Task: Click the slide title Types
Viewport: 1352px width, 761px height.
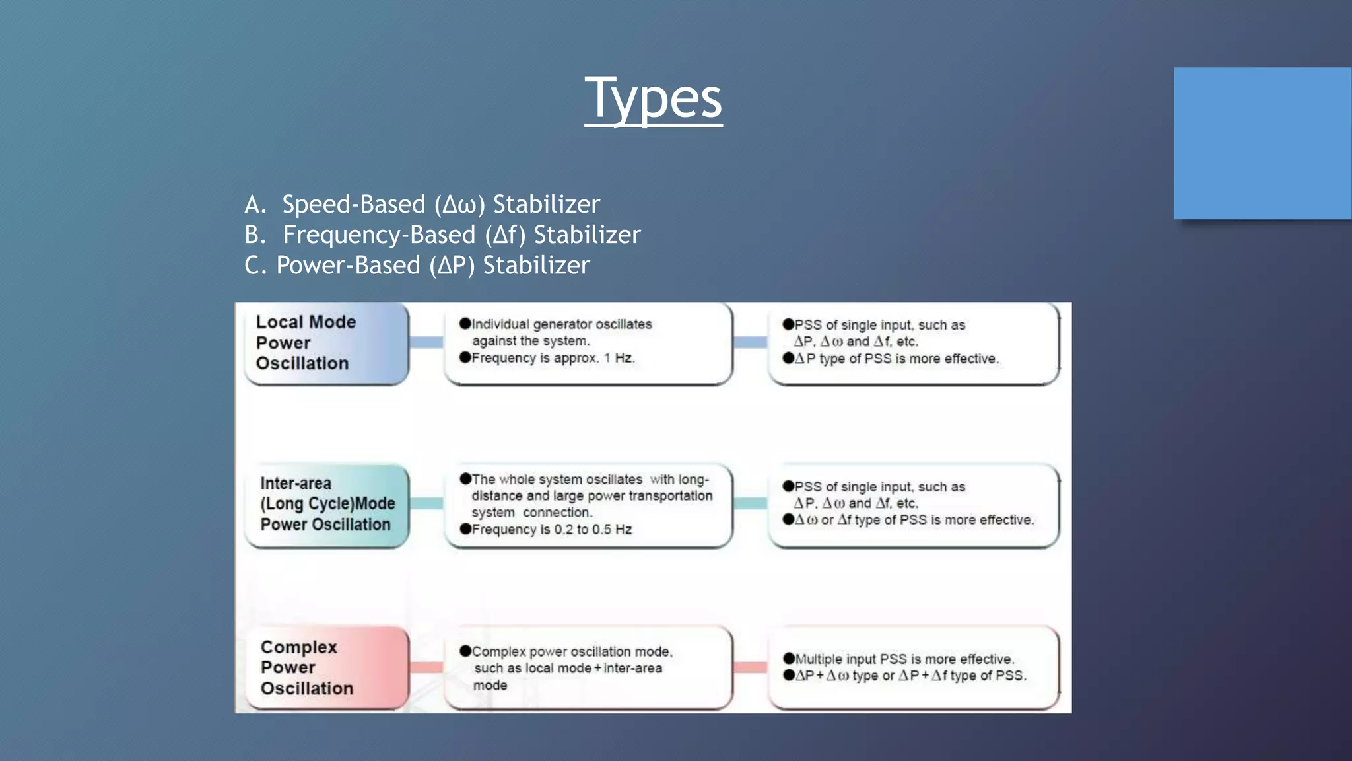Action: (x=653, y=98)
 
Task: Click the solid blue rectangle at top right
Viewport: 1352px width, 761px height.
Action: (x=1262, y=143)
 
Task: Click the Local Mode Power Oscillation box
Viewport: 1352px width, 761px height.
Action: (x=326, y=343)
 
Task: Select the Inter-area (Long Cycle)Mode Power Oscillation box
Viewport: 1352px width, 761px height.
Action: (x=327, y=505)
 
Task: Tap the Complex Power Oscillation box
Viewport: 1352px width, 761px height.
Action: (x=326, y=667)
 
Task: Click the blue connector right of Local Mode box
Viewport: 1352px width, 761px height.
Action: (x=426, y=342)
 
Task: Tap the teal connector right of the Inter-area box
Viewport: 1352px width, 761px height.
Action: (x=426, y=503)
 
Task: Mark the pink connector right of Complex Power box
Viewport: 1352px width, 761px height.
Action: (x=426, y=667)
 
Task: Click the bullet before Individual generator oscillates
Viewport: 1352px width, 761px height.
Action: (x=465, y=324)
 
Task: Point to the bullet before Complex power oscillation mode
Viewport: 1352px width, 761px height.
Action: (x=465, y=651)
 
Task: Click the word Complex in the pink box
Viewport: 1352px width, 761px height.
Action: (x=299, y=647)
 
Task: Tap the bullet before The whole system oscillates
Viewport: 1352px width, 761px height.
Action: (x=465, y=479)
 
